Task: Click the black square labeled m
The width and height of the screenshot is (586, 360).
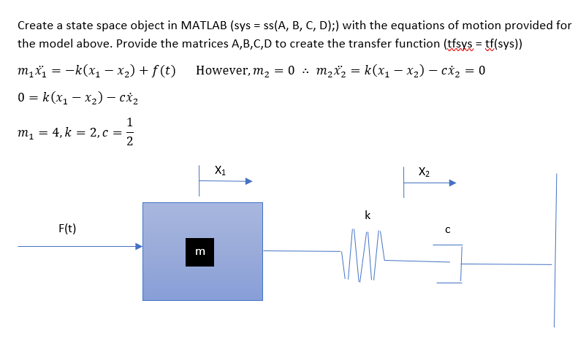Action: click(199, 252)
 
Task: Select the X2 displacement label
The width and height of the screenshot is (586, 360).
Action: click(424, 172)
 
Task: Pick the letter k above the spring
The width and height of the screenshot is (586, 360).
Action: click(367, 215)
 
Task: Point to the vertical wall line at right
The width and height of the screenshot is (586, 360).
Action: click(555, 248)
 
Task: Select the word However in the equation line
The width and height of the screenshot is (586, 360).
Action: click(223, 72)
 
